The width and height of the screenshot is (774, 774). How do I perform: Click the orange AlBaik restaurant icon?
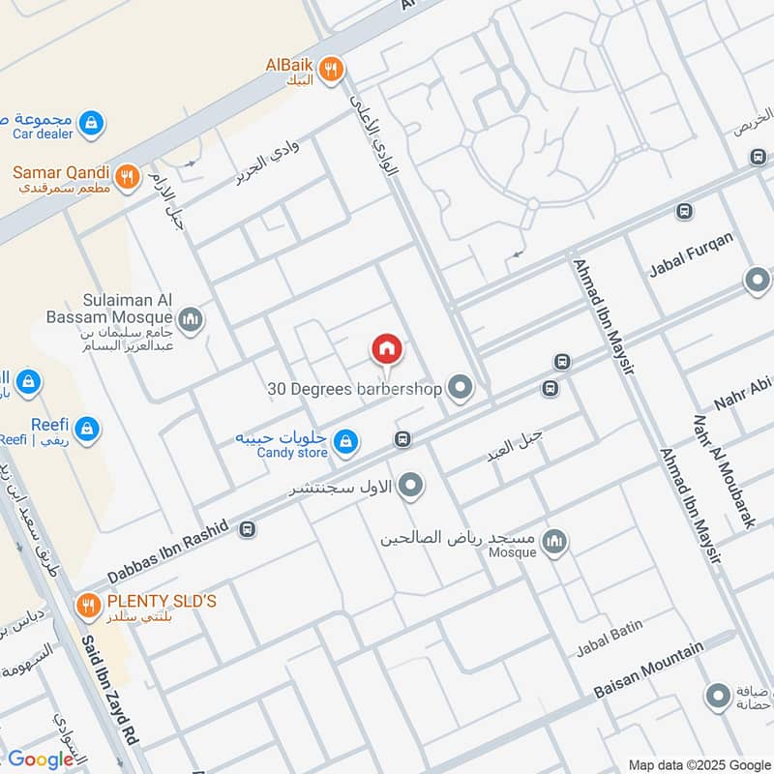pyautogui.click(x=332, y=68)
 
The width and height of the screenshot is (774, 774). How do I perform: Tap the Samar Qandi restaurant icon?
pyautogui.click(x=125, y=177)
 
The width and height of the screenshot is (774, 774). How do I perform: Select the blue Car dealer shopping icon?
pyautogui.click(x=90, y=123)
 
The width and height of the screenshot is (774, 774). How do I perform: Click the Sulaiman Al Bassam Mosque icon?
pyautogui.click(x=191, y=318)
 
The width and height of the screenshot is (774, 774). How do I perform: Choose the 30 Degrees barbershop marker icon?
pyautogui.click(x=461, y=389)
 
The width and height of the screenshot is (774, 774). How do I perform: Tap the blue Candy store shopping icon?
pyautogui.click(x=344, y=444)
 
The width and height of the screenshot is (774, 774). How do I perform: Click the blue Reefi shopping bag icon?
pyautogui.click(x=87, y=428)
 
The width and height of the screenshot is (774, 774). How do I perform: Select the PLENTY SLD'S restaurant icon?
pyautogui.click(x=88, y=606)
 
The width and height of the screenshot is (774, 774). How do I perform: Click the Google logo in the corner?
pyautogui.click(x=41, y=759)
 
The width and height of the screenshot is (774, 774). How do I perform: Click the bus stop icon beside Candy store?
pyautogui.click(x=402, y=439)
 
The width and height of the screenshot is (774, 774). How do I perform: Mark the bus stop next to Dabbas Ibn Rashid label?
pyautogui.click(x=248, y=529)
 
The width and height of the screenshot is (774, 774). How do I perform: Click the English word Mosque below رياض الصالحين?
pyautogui.click(x=512, y=552)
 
